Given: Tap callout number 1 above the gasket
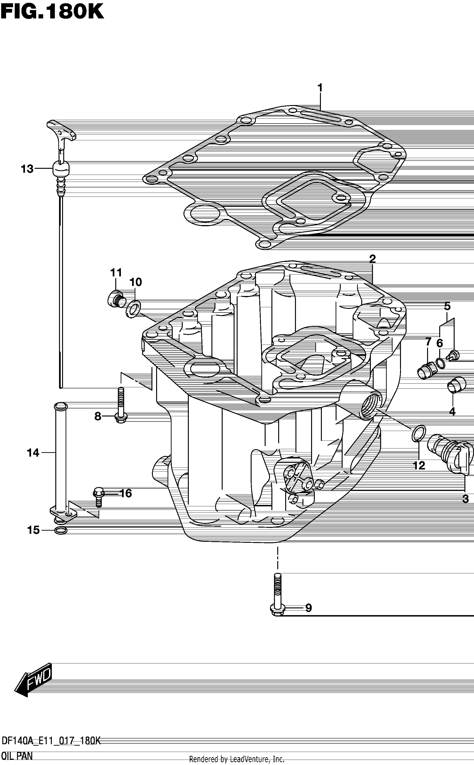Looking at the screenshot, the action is [320, 88].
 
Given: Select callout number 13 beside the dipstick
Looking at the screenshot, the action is [27, 169].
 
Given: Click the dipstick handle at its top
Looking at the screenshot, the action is [61, 131].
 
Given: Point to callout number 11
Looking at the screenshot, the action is [116, 273].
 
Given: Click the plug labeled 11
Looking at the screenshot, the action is [116, 299].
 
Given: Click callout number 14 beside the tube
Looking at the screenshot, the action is [33, 453].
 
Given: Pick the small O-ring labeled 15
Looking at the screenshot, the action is [60, 530].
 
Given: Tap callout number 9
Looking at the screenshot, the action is [309, 608].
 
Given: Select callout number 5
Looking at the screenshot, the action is [447, 306].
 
